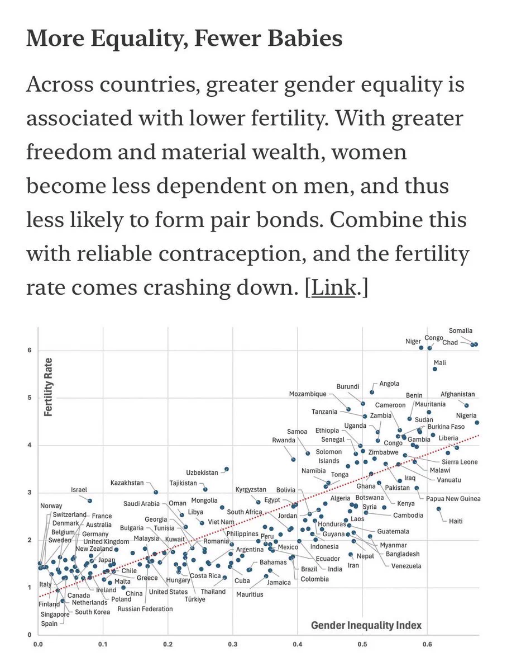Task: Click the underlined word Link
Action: [x=333, y=287]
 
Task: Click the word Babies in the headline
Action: [x=305, y=38]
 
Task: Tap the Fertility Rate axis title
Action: [x=48, y=387]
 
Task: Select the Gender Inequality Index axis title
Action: [x=366, y=625]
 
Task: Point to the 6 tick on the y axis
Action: [x=30, y=350]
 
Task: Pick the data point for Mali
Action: [x=434, y=369]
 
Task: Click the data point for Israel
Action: [x=90, y=500]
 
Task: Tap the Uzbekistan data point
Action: [x=227, y=469]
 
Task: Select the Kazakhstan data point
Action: [x=156, y=492]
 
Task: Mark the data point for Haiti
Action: [x=439, y=509]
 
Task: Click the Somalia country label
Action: [x=460, y=330]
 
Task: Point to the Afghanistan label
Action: [x=457, y=394]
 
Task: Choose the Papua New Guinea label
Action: [x=453, y=499]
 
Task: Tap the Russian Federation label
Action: [x=145, y=608]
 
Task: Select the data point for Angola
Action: [x=372, y=392]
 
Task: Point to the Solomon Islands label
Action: [x=329, y=456]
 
